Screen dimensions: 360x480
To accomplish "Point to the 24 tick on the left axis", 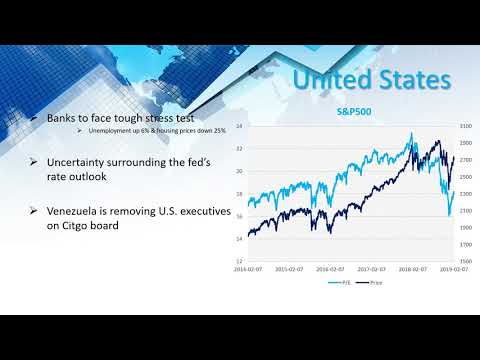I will click(x=240, y=127).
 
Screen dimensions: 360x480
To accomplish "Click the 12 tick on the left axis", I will click(x=240, y=261).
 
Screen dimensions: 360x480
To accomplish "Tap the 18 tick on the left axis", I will click(x=240, y=194).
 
